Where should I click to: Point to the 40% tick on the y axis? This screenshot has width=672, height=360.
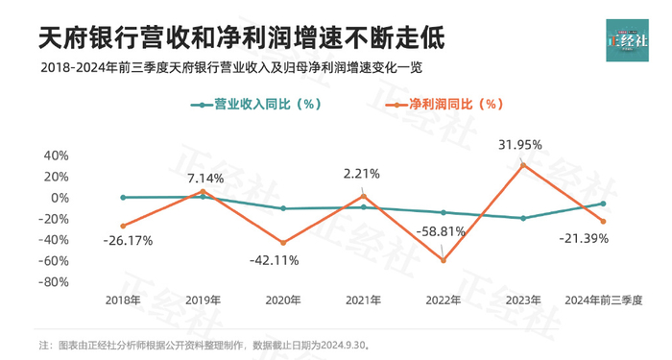56,156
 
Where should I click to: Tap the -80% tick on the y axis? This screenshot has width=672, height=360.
54,282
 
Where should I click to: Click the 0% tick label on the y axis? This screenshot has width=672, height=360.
60,198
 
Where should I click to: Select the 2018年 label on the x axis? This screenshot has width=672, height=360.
123,300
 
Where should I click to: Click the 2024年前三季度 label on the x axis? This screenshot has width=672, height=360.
603,300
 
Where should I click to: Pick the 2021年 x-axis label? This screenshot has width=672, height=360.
362,300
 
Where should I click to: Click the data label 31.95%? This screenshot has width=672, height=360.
520,145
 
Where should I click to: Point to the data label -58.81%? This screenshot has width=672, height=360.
443,231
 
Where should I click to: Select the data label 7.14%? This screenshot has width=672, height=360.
204,178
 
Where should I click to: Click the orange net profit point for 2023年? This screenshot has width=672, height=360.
523,165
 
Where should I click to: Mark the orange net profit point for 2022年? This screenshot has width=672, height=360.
444,260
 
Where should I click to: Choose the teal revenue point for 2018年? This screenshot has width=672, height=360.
123,197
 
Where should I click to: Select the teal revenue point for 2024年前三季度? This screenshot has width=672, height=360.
603,204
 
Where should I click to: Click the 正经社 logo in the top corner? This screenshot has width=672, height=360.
627,39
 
